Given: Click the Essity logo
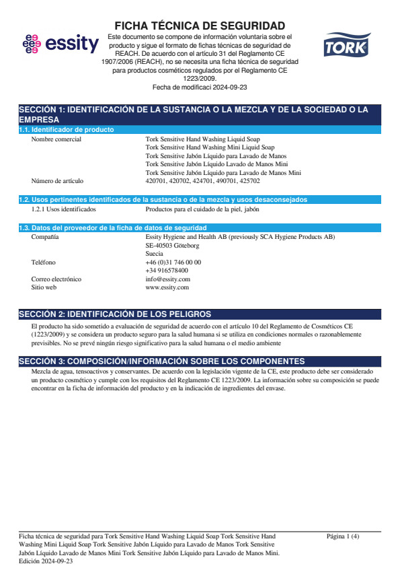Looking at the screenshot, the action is click(x=61, y=44).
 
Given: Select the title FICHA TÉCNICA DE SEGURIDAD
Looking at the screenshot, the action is click(x=200, y=26).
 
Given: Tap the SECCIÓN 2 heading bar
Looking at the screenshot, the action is click(x=200, y=314).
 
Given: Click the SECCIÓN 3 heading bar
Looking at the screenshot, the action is click(x=200, y=361).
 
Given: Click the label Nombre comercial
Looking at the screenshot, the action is click(x=56, y=139).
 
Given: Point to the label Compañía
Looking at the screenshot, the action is click(x=44, y=237).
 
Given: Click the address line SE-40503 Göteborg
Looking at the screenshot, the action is click(x=172, y=246).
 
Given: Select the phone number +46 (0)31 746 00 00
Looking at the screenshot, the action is click(x=173, y=262).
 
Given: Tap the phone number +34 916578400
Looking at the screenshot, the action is click(x=167, y=271).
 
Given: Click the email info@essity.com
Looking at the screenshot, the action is click(x=167, y=279).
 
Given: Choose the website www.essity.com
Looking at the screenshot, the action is click(x=167, y=287).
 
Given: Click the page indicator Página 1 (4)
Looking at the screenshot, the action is click(x=342, y=536).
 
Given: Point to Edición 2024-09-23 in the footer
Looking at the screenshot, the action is click(x=46, y=561).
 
